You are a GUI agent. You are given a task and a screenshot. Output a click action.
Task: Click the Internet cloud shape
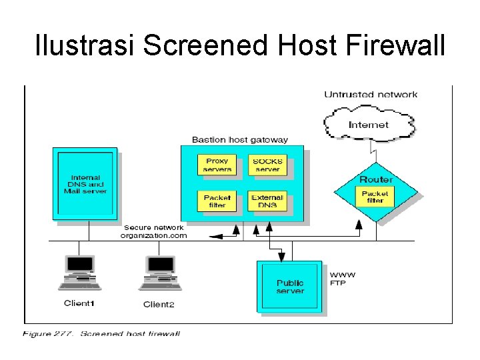point(369,125)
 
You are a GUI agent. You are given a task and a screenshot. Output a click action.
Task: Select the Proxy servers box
point(217,165)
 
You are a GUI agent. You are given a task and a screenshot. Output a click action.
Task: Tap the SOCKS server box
point(267,165)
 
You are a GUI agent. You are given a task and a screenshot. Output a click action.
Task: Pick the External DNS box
point(267,201)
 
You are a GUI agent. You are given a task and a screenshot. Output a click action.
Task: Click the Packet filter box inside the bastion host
point(217,201)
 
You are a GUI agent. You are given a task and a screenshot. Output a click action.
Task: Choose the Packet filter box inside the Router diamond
point(375,197)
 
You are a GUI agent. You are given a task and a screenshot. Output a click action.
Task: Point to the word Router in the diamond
point(376,179)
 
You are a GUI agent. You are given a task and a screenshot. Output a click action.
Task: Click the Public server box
point(290,287)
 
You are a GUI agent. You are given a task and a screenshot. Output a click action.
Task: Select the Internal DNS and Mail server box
point(85,184)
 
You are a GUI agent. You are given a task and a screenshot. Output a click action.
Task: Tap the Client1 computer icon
point(79,273)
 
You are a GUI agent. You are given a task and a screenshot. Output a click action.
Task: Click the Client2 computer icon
point(159,273)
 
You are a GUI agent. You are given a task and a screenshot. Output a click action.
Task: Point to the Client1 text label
point(79,303)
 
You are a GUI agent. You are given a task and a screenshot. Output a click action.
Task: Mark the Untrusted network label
point(371,95)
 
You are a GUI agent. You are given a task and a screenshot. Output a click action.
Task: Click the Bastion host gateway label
point(240,140)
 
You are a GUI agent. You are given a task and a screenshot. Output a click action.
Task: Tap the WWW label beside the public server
point(343,275)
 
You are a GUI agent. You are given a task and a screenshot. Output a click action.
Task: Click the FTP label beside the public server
point(338,283)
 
